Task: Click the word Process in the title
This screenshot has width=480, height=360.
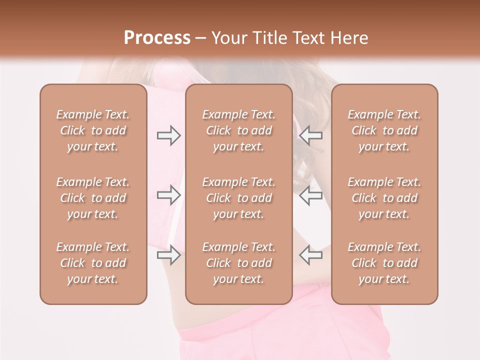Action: (157, 38)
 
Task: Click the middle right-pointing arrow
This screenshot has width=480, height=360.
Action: (168, 195)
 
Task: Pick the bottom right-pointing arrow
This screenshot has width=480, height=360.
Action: (168, 255)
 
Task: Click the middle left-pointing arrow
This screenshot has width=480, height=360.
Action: (310, 195)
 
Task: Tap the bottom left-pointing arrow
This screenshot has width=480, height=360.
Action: (310, 255)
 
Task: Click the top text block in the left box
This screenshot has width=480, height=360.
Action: (93, 130)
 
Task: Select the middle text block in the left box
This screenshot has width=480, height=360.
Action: (93, 198)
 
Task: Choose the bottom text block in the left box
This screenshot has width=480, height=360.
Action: (93, 263)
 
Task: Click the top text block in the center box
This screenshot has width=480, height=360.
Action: (238, 130)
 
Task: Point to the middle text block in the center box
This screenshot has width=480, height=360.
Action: (238, 198)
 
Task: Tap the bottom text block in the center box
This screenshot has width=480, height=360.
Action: (238, 263)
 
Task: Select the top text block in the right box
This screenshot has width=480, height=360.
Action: (384, 130)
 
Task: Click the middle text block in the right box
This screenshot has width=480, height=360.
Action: (384, 198)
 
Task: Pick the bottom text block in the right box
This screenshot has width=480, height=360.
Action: (384, 263)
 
